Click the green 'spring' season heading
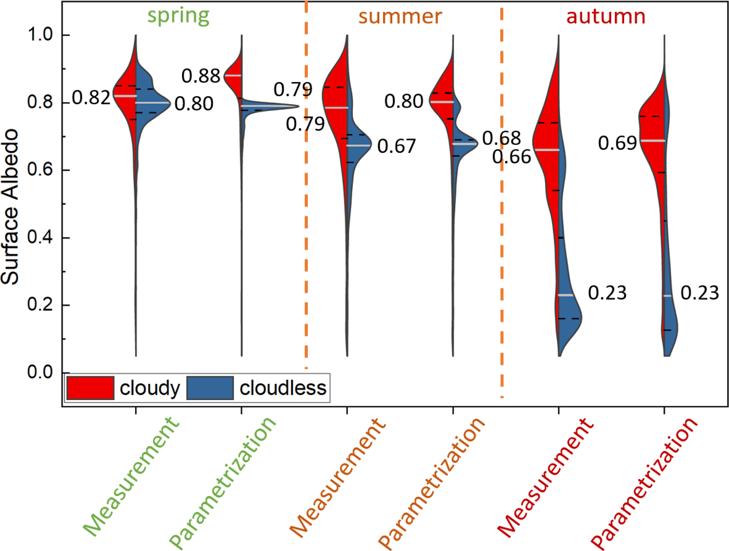click(x=178, y=16)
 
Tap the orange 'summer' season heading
click(x=400, y=16)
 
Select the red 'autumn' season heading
click(x=606, y=16)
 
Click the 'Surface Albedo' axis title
click(x=10, y=207)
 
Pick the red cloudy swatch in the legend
click(x=90, y=388)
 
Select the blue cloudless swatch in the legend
click(x=210, y=388)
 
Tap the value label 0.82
click(x=92, y=98)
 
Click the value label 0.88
click(x=201, y=76)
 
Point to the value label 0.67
click(x=397, y=146)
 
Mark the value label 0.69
click(x=618, y=143)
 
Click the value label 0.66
click(x=511, y=157)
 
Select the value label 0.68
click(x=502, y=138)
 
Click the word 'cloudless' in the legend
click(x=283, y=388)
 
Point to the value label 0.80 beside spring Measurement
click(x=194, y=104)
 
